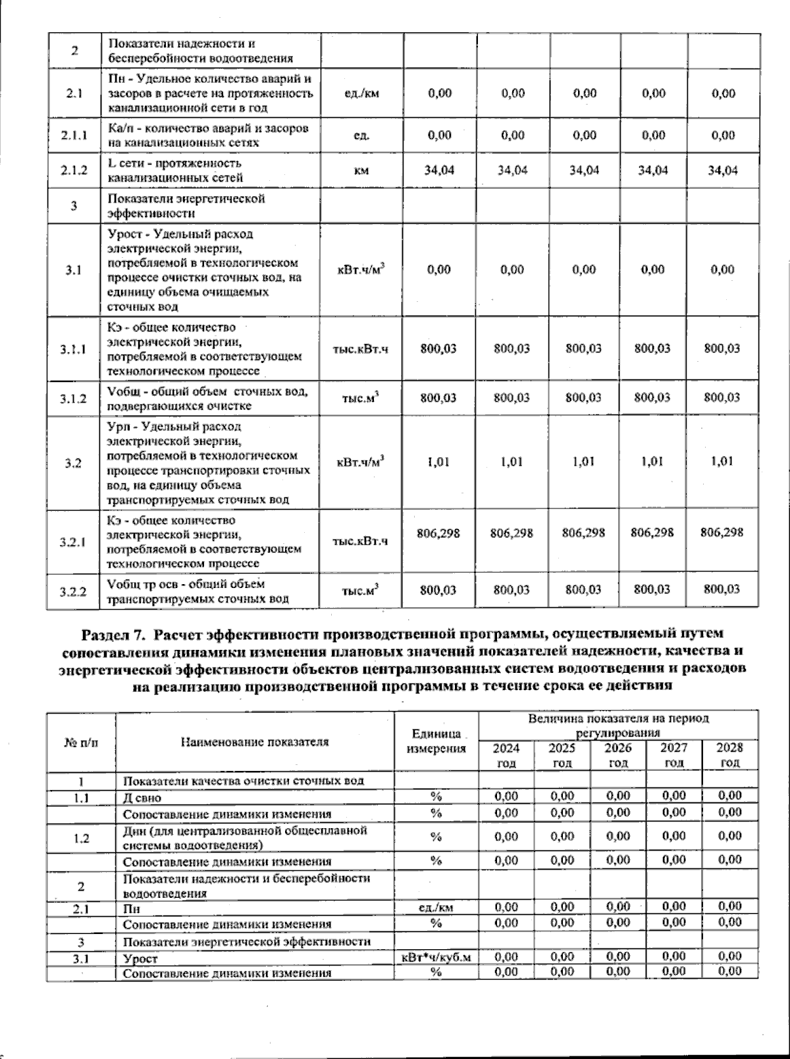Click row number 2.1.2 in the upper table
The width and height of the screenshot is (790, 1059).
point(74,171)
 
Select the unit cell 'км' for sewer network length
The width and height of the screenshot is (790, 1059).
point(361,171)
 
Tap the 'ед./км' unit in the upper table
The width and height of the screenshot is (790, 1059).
point(361,93)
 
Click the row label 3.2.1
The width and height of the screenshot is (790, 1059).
point(73,543)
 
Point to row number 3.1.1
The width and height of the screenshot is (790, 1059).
point(73,349)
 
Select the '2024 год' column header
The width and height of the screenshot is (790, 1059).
point(506,755)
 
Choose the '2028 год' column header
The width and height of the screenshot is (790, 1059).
point(729,755)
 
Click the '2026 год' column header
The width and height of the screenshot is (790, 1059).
point(618,755)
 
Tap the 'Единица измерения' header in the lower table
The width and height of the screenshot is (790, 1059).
point(436,741)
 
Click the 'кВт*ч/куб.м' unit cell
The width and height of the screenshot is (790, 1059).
point(436,958)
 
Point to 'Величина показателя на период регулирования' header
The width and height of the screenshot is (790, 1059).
point(618,726)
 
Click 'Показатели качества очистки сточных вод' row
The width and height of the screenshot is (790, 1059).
point(244,781)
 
